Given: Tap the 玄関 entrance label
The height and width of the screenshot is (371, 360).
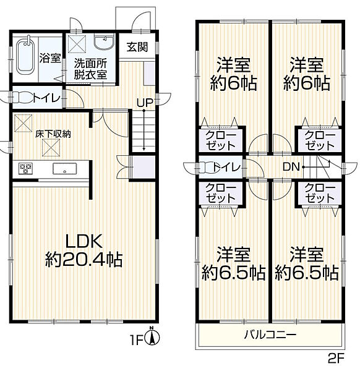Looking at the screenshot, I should (137, 48).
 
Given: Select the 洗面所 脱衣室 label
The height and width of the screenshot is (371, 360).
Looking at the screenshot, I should (90, 68).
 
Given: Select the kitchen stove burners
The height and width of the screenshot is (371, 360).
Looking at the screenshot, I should (26, 167).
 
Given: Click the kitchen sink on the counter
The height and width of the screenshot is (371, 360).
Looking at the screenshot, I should (64, 168).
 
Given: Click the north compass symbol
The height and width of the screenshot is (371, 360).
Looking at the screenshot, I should (155, 337).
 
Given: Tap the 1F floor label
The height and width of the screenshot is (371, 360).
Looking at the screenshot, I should (139, 339).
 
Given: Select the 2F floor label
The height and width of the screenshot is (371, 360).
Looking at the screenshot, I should (337, 358).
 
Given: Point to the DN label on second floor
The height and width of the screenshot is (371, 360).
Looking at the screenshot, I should (291, 166).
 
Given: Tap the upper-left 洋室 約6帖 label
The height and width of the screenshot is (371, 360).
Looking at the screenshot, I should (233, 74).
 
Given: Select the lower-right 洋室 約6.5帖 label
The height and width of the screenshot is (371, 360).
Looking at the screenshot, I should (306, 263).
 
